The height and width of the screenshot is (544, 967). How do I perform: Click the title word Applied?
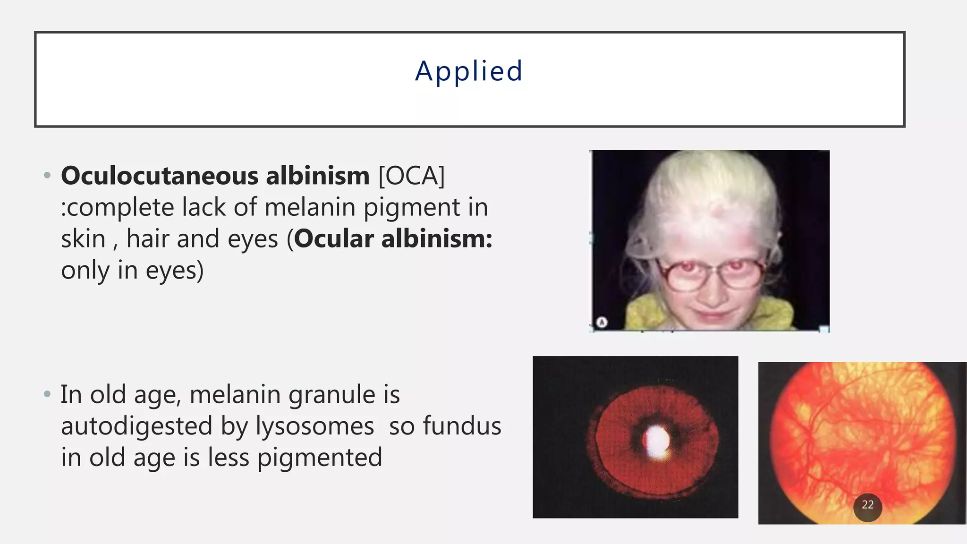(469, 72)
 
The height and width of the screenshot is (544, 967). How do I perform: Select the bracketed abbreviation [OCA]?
(411, 176)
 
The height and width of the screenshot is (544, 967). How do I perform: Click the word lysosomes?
(315, 426)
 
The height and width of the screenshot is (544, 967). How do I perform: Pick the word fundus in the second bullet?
(462, 426)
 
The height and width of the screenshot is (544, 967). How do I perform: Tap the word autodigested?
(137, 426)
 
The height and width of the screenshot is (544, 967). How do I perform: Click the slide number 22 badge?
(867, 505)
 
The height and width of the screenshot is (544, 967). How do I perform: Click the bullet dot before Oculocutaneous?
(46, 176)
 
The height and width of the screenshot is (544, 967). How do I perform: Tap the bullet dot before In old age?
(46, 394)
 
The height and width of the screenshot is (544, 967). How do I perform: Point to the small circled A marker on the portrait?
(602, 323)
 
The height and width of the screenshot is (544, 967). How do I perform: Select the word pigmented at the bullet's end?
(320, 458)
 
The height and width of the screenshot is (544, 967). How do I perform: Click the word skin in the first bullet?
(83, 239)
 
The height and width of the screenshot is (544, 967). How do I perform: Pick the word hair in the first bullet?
(147, 239)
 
